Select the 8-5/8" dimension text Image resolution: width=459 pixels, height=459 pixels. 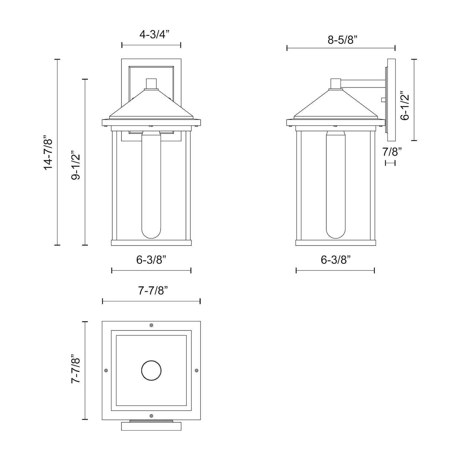pos(342,40)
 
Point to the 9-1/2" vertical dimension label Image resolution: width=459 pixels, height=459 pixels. pos(76,165)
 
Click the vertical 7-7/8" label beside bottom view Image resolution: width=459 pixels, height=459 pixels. pos(76,369)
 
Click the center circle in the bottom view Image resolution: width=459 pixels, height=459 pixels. pos(151,370)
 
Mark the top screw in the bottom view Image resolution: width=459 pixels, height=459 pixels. pos(151,325)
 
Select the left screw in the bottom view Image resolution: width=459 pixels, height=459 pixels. pos(106,370)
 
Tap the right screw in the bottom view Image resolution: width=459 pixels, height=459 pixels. pos(196,370)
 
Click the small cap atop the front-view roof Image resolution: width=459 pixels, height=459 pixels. pos(151,84)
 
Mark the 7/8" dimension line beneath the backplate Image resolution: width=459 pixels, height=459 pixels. pos(390,163)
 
